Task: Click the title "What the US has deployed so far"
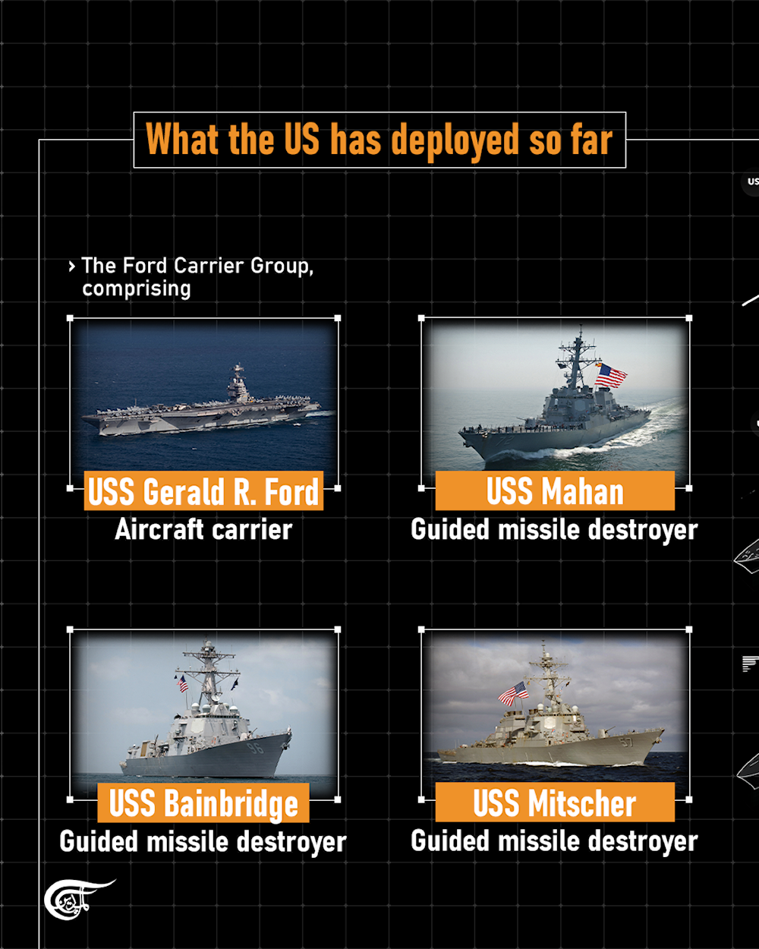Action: (379, 140)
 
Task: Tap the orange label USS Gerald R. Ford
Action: (203, 491)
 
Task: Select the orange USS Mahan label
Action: (555, 491)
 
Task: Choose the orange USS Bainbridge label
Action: (203, 803)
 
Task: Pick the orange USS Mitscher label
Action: (555, 803)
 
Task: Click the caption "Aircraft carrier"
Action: (203, 529)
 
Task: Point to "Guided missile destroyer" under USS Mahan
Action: (554, 529)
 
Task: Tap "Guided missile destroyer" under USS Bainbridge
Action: (203, 841)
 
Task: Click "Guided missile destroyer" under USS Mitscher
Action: (554, 840)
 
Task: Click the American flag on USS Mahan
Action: (611, 375)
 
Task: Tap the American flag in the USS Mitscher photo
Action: (514, 692)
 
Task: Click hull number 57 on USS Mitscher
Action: (627, 741)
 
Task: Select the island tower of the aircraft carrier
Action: (238, 385)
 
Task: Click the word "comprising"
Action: (137, 288)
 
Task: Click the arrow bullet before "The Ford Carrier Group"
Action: (71, 266)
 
